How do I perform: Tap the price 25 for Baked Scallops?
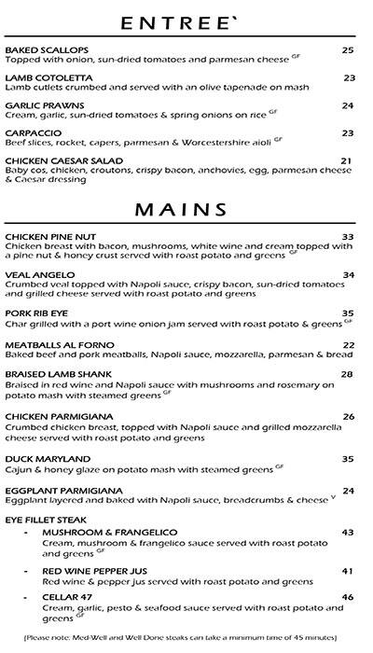click(348, 50)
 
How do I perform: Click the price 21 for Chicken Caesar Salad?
click(346, 160)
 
